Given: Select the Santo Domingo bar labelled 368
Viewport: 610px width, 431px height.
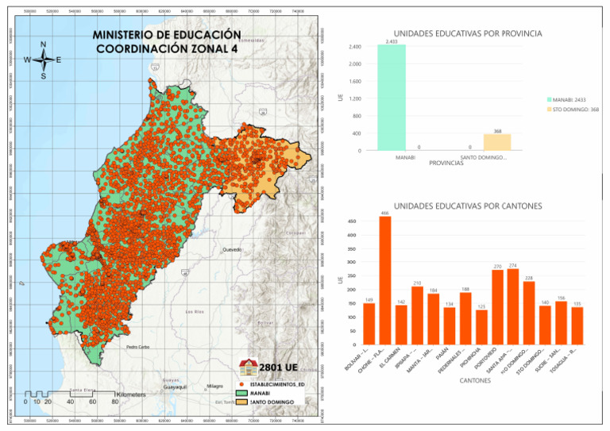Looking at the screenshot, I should pos(497,142).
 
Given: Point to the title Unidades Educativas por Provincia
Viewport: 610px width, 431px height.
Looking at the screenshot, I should pos(469,33).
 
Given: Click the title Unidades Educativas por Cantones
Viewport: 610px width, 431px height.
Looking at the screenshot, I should pos(468,206).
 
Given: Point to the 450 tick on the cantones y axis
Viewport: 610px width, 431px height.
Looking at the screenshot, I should pos(350,221).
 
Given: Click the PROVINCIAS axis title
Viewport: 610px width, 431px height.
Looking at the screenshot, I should pos(445,164).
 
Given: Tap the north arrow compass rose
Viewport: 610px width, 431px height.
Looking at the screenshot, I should pos(43,60).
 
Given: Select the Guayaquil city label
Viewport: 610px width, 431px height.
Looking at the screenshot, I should pos(174,388).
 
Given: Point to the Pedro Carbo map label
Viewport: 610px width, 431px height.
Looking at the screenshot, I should pos(138,348).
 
